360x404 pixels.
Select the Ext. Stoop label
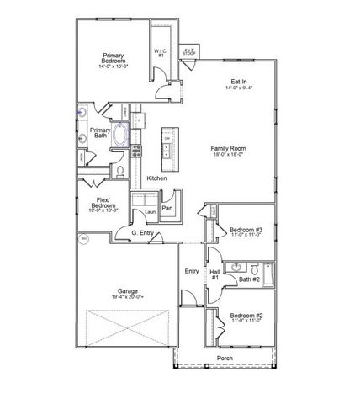pos(190,50)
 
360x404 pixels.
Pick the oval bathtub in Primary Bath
pos(120,136)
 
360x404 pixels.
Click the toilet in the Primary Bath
pos(120,173)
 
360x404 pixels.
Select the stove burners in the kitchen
pos(136,151)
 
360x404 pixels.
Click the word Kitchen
pos(156,178)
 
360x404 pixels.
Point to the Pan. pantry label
pos(167,208)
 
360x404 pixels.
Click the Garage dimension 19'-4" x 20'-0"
pos(129,298)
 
